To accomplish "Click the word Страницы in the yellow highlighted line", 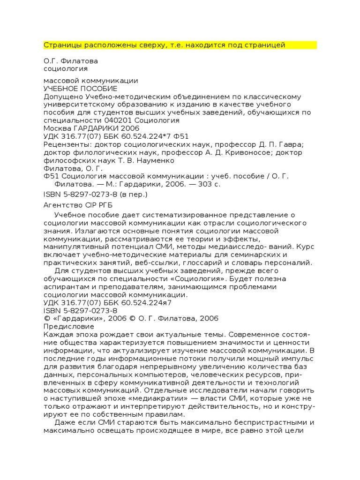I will pos(60,45).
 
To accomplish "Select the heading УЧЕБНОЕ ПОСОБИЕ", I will pos(80,89).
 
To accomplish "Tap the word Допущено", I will pos(60,97).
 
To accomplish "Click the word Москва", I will pos(56,128).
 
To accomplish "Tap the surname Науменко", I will pos(145,160).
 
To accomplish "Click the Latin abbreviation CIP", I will pos(91,205).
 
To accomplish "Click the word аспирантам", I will pos(67,287).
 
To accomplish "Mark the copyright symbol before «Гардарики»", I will pos(46,318).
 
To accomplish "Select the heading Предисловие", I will pos(68,326).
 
